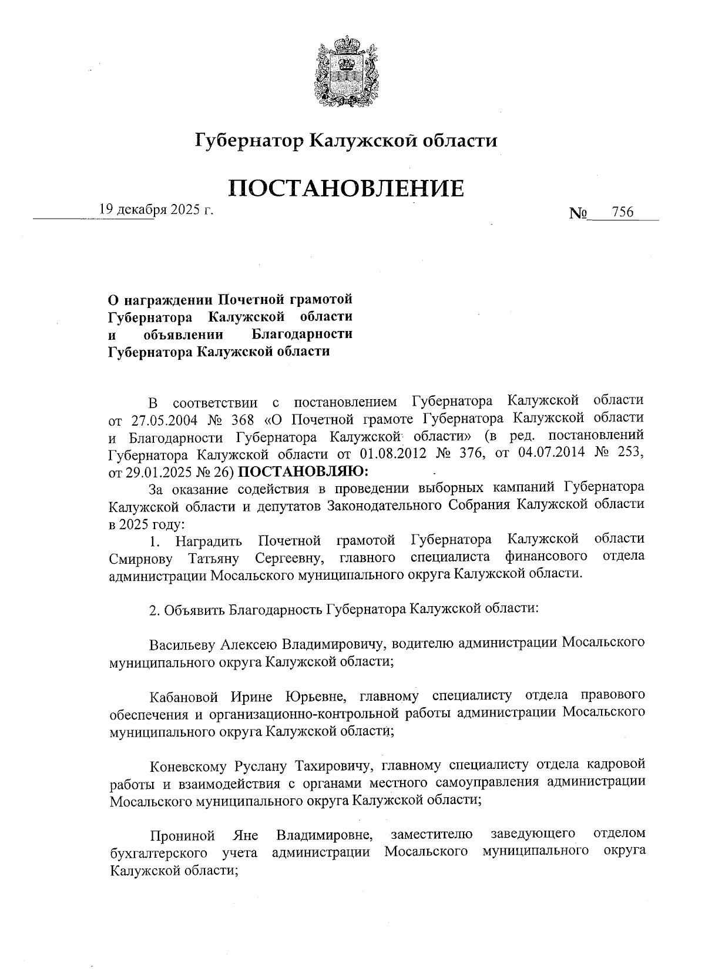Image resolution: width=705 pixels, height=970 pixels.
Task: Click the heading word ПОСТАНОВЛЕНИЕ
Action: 347,188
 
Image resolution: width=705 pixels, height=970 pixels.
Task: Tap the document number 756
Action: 622,212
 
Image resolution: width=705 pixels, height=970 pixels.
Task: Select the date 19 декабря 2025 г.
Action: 156,209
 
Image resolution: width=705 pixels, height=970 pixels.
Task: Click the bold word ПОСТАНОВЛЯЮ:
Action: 305,471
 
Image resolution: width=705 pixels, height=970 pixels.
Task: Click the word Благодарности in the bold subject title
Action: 302,335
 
